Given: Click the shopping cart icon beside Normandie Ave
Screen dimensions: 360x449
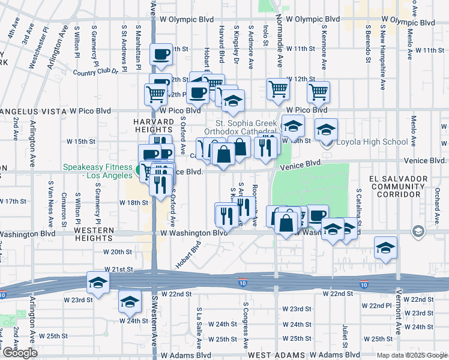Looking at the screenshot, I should tap(278, 89).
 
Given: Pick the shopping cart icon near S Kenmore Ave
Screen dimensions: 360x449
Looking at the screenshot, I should tap(318, 92).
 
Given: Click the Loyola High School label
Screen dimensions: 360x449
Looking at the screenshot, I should tap(363, 142).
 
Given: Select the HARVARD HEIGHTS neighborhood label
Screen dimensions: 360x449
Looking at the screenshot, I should tap(152, 125).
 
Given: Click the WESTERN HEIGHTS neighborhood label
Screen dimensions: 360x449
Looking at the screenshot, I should tap(94, 234).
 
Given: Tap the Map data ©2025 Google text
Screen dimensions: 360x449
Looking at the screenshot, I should tap(412, 355).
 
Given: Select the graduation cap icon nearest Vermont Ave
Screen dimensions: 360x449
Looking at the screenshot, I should tap(385, 248).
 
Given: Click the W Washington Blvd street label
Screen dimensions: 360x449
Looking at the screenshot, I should tap(193, 233).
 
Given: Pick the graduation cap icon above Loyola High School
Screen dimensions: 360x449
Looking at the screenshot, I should tap(326, 129).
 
